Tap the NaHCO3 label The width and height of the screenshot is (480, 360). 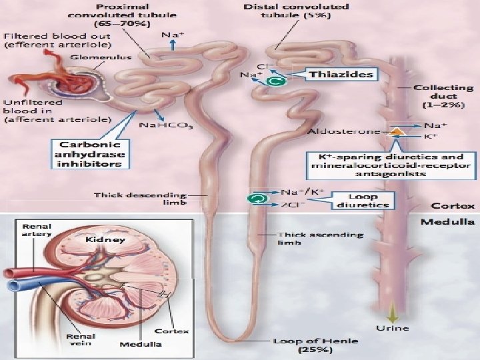click(165, 125)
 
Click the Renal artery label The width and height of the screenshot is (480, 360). click(32, 229)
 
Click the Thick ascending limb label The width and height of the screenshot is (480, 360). click(321, 239)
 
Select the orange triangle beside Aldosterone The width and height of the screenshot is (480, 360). click(396, 132)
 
